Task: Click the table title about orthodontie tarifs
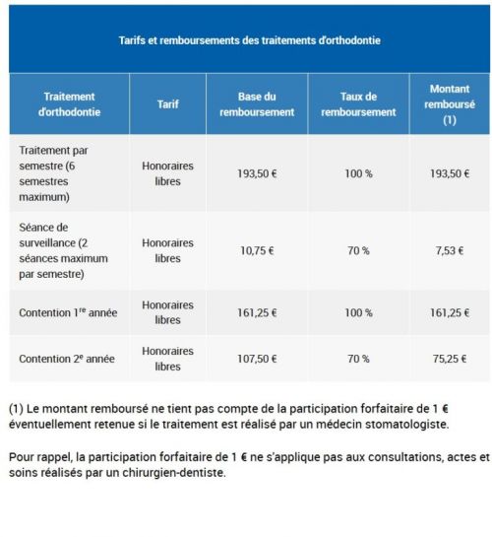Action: (249, 41)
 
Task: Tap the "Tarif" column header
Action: (167, 103)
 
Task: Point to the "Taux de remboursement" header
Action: (358, 103)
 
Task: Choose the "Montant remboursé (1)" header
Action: (450, 103)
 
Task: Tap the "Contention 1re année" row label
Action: (68, 312)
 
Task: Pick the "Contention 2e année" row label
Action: (68, 359)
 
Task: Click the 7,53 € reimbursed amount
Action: (450, 250)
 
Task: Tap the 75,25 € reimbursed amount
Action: (450, 359)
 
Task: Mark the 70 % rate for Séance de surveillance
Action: (358, 250)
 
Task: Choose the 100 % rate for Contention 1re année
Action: (358, 312)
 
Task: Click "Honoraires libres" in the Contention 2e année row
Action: (167, 359)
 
